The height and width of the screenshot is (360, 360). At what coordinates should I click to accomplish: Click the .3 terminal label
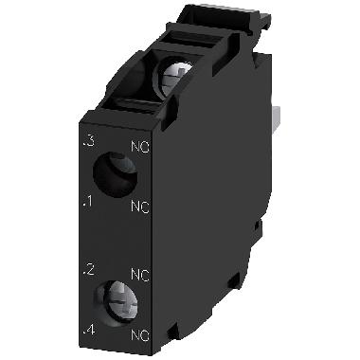88,143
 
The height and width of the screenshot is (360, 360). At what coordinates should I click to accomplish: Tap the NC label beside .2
138,276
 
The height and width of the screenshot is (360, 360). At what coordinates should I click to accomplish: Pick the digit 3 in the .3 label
90,143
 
